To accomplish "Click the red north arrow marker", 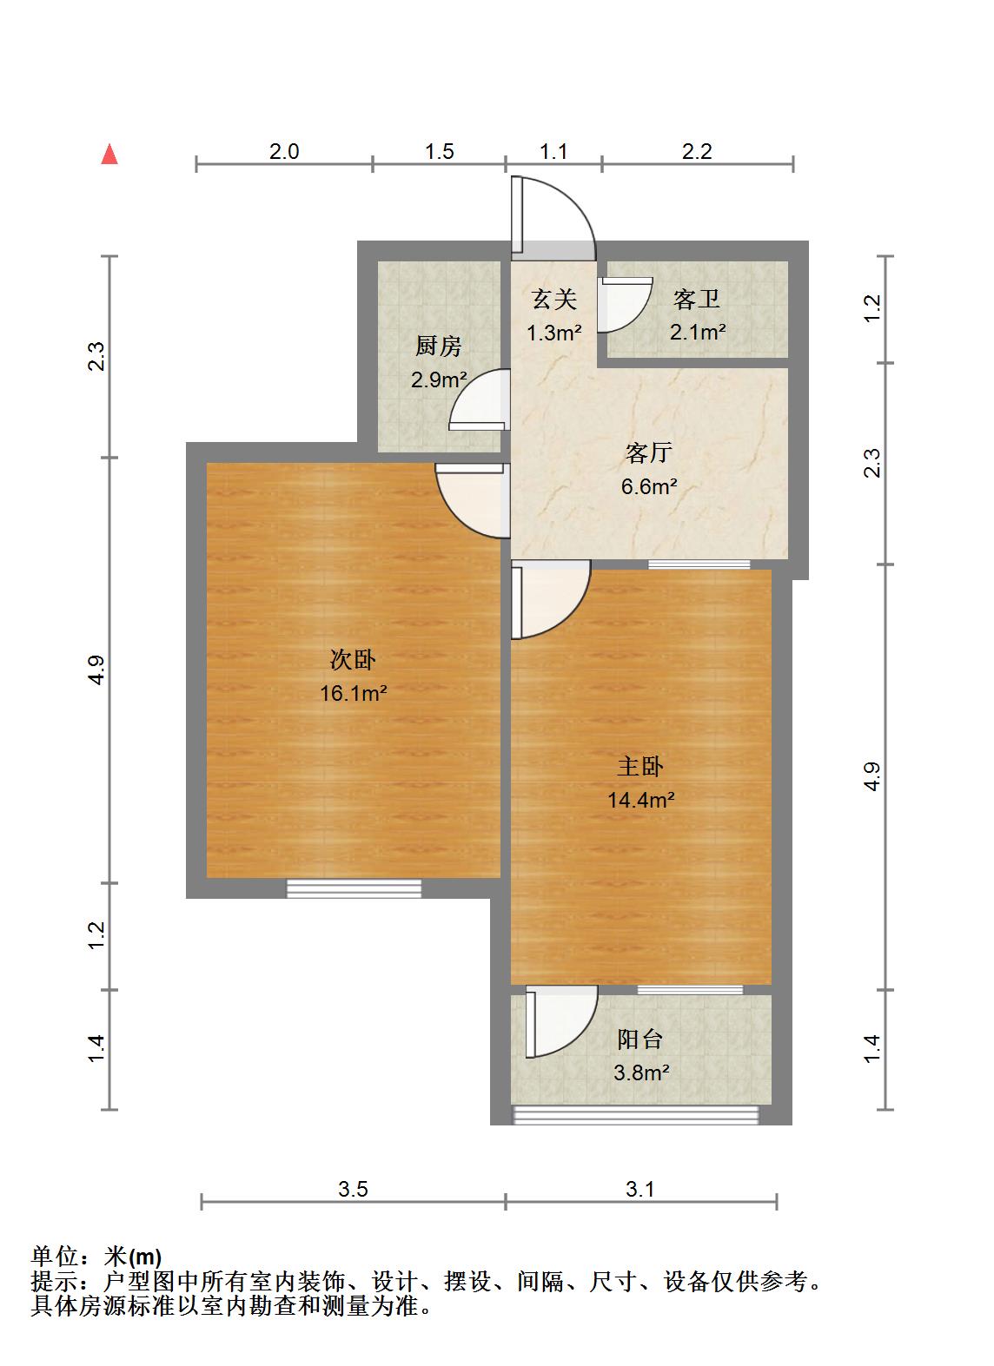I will [109, 155].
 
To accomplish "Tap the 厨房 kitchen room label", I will [438, 347].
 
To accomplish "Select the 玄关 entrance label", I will [553, 300].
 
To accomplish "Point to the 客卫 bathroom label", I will [697, 300].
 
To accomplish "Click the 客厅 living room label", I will [648, 453].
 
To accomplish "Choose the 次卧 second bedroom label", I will [353, 660].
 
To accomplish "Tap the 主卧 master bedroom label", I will [640, 767].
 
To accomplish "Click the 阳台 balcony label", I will [640, 1039].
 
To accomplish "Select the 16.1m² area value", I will [353, 694].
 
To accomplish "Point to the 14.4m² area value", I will [641, 800].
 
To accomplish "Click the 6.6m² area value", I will [648, 486].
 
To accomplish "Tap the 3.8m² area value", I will [641, 1072].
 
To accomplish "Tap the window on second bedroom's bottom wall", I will [354, 888].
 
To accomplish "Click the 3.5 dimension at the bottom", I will [353, 1190].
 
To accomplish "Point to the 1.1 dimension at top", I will [553, 152].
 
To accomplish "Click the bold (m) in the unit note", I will [145, 1257].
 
